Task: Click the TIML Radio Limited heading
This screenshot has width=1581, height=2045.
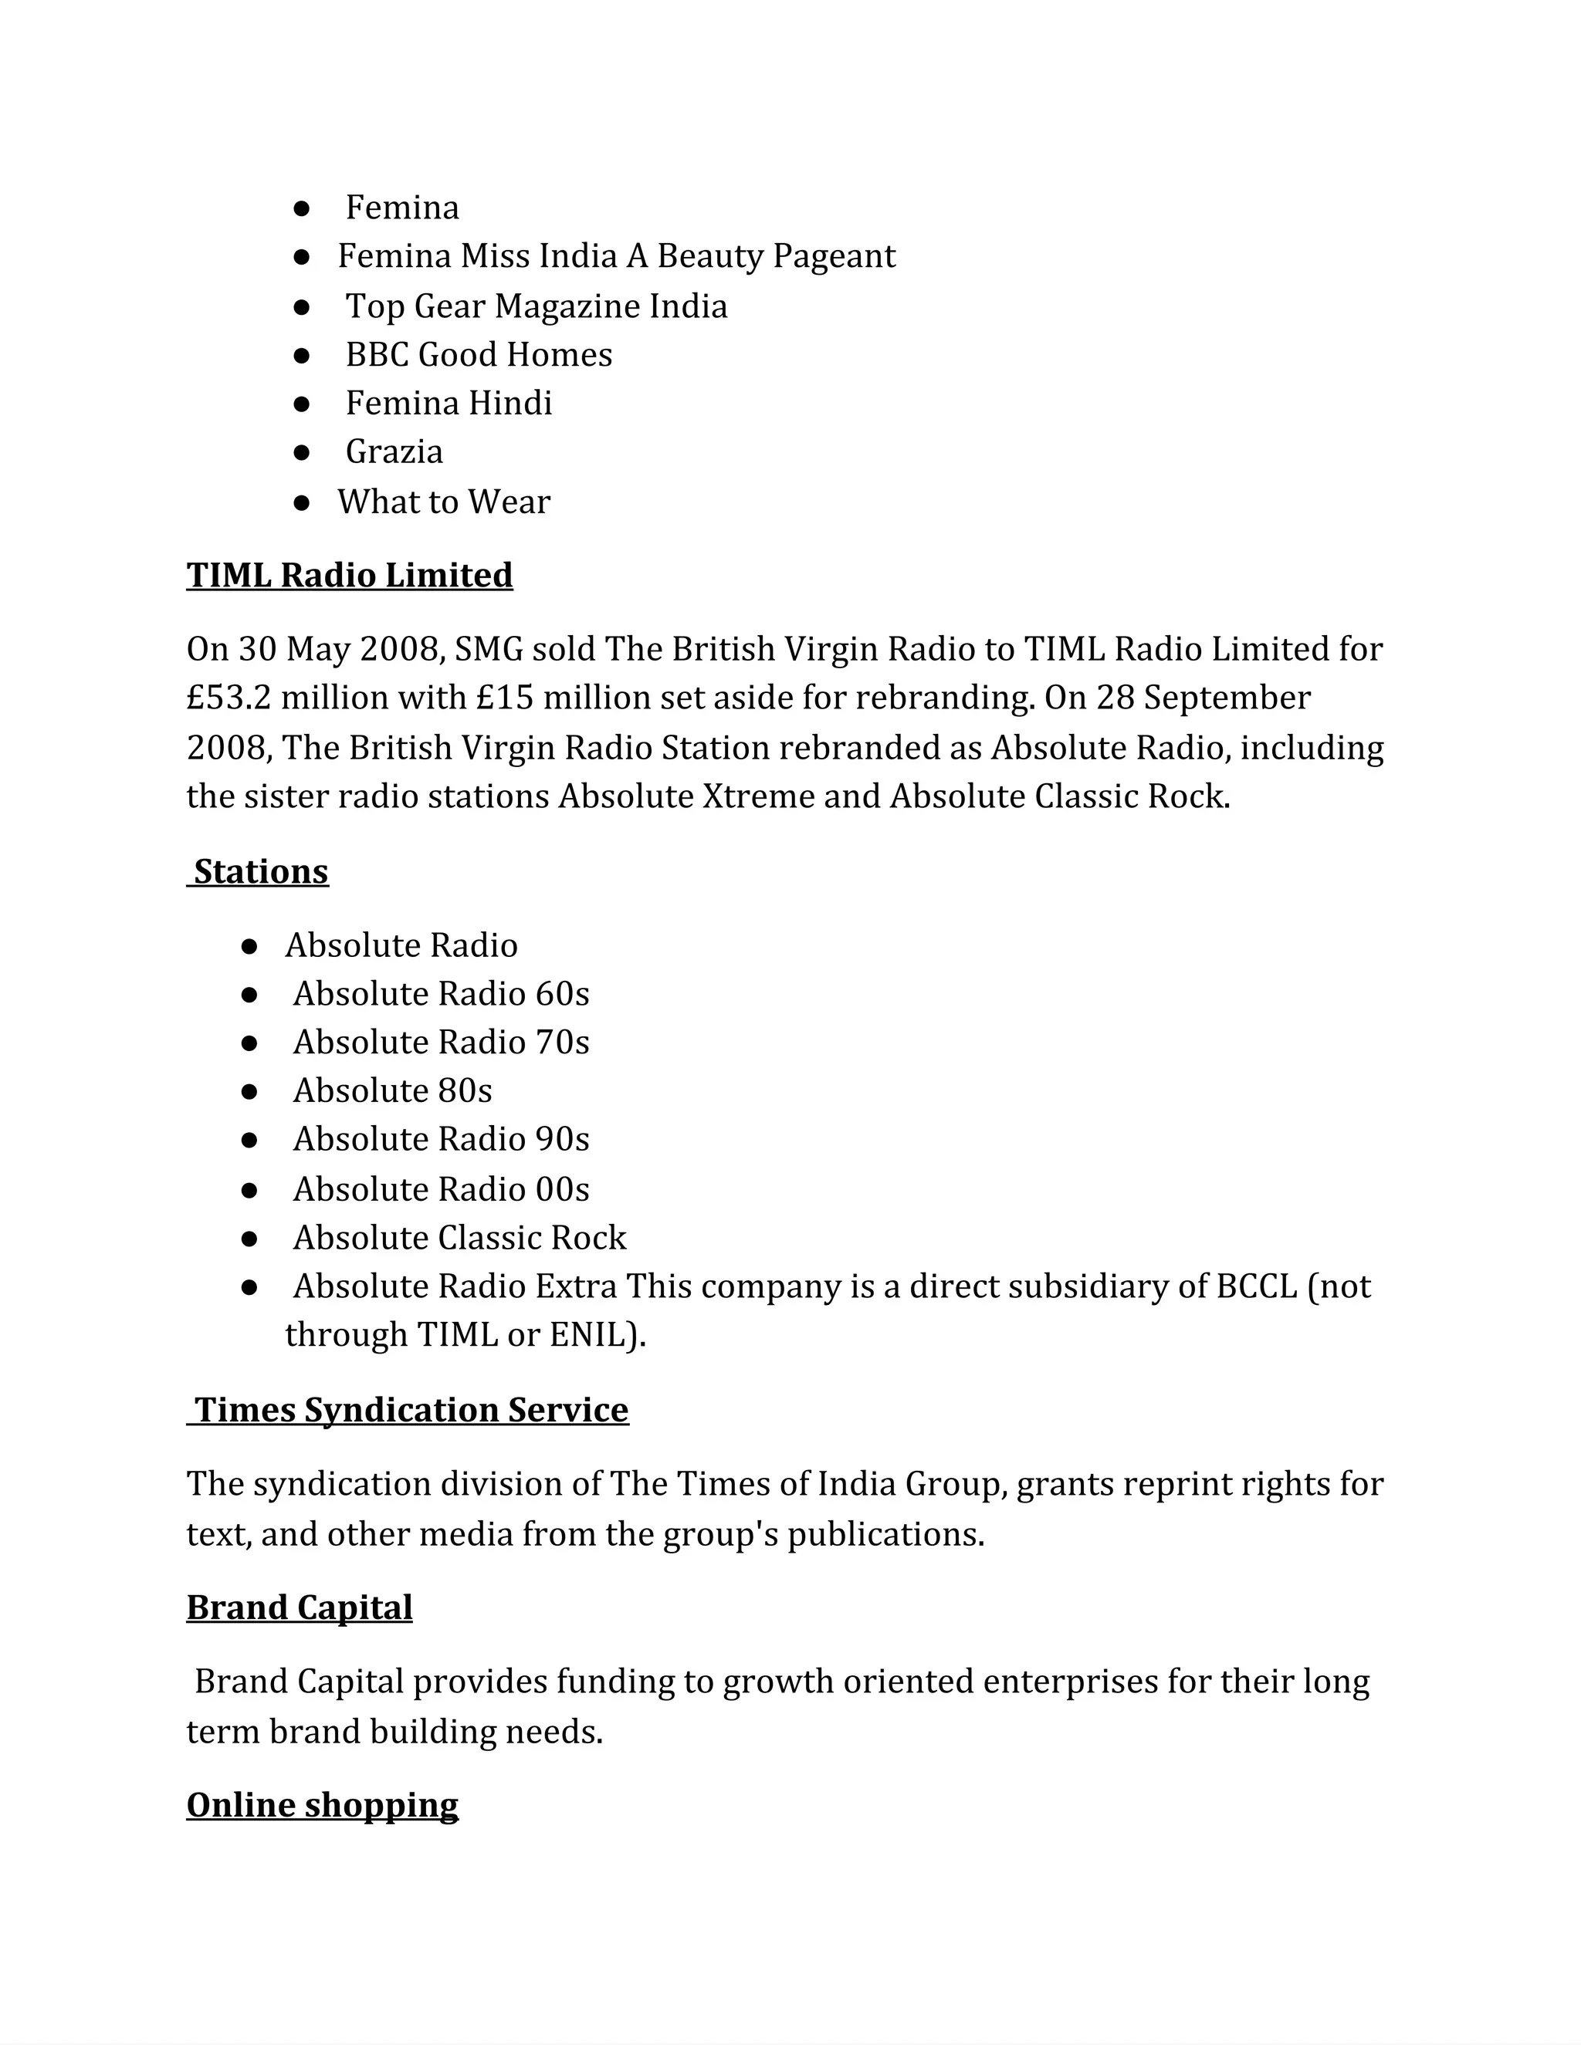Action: pos(350,575)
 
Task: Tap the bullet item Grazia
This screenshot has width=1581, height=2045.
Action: pos(394,451)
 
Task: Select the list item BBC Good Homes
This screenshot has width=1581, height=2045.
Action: pos(478,354)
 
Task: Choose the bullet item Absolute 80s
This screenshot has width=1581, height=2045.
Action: pos(391,1090)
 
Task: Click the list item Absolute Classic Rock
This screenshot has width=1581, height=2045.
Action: pos(459,1237)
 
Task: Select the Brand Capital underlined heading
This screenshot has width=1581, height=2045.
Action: pos(300,1607)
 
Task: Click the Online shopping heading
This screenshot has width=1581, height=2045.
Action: pos(322,1804)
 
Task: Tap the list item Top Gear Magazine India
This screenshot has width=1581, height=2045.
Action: pos(536,306)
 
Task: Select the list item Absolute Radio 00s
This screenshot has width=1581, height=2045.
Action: pos(440,1188)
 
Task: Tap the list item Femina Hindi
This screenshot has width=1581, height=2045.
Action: pos(449,403)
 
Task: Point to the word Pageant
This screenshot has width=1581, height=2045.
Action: pos(834,255)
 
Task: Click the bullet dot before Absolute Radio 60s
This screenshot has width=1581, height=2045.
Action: pos(249,995)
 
